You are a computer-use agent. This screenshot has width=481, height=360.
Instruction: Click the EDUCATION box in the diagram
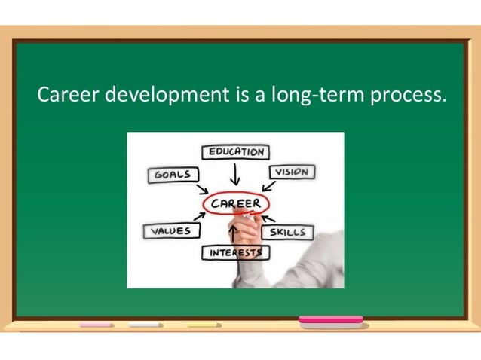[236, 151]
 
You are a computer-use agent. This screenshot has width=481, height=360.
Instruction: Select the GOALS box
[173, 175]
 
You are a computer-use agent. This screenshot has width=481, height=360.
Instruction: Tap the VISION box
[291, 172]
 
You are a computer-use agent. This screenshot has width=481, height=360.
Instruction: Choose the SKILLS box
[287, 232]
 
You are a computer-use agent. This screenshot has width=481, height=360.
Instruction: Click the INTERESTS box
[235, 252]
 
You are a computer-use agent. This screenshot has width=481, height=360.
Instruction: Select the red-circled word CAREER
[235, 203]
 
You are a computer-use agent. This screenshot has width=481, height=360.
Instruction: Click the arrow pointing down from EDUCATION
[236, 175]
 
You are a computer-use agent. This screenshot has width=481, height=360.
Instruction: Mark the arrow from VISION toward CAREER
[269, 185]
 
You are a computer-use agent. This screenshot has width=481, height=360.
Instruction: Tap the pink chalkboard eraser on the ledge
[331, 322]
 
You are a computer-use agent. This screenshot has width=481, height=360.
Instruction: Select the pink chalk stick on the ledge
[96, 325]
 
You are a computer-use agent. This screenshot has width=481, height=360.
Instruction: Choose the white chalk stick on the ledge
[146, 325]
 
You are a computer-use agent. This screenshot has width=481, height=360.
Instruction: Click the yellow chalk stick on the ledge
[204, 325]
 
